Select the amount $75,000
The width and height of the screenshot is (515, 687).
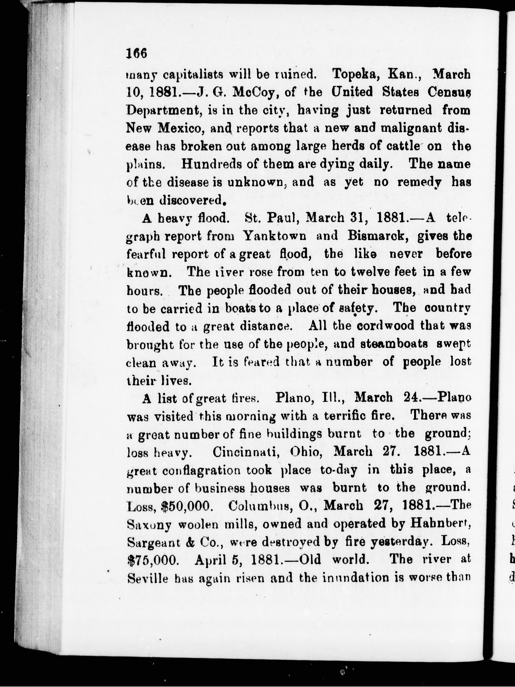[x=153, y=560]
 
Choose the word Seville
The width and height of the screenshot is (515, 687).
[x=148, y=578]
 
